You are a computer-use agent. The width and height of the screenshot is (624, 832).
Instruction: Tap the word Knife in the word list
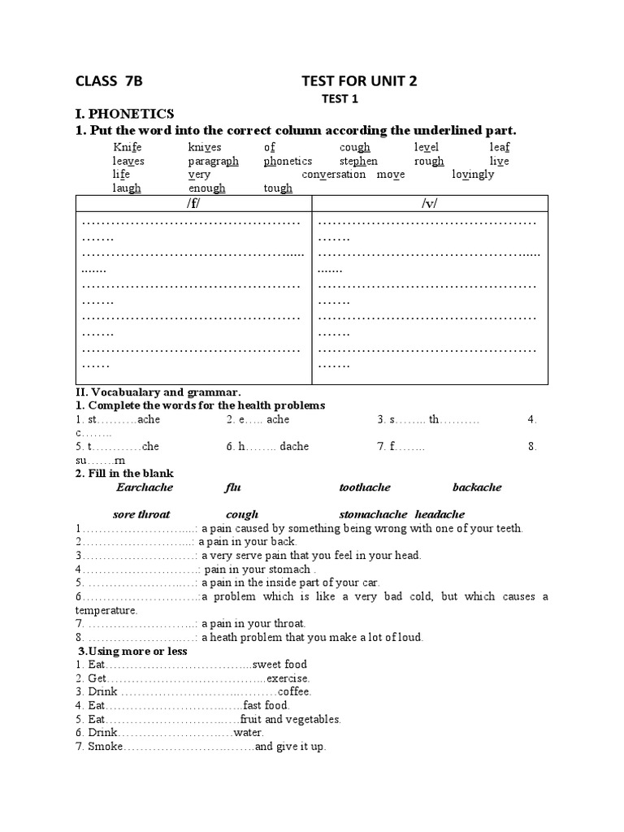128,147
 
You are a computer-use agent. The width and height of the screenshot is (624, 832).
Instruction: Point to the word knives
205,147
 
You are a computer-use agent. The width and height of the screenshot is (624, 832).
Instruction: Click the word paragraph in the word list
213,161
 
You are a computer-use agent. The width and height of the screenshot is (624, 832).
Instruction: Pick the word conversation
333,174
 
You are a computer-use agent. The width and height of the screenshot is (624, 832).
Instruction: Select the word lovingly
473,174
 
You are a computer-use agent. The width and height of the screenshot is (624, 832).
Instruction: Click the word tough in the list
278,188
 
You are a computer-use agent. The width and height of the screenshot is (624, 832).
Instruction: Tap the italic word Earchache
145,487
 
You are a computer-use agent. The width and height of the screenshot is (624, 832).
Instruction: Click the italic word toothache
365,487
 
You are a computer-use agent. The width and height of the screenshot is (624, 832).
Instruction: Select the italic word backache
477,487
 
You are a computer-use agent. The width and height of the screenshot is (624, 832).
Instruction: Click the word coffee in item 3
294,691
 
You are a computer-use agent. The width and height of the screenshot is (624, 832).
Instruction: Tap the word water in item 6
249,733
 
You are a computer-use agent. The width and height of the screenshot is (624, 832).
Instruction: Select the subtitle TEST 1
341,99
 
